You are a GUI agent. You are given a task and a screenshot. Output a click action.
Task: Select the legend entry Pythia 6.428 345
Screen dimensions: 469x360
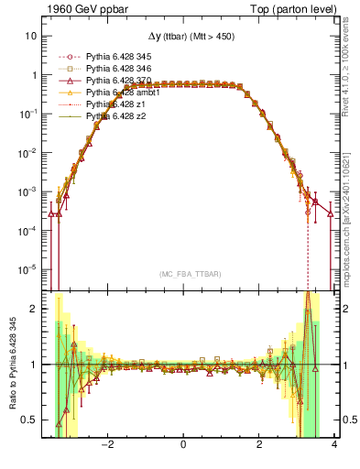[x=120, y=57]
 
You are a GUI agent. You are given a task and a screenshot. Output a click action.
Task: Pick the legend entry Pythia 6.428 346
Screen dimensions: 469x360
[x=120, y=69]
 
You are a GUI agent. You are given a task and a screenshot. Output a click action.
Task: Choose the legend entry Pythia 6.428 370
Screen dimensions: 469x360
[x=120, y=81]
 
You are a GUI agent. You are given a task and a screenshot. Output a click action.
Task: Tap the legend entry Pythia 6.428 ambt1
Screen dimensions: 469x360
[x=123, y=93]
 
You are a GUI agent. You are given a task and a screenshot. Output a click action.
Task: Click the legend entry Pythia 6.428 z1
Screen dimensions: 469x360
[x=116, y=104]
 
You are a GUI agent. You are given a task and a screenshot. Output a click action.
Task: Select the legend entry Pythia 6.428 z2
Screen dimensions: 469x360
[x=116, y=116]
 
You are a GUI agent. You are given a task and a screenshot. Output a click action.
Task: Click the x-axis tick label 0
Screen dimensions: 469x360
[x=184, y=445]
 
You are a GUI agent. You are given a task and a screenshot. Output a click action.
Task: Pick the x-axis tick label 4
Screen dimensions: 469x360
[x=335, y=445]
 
